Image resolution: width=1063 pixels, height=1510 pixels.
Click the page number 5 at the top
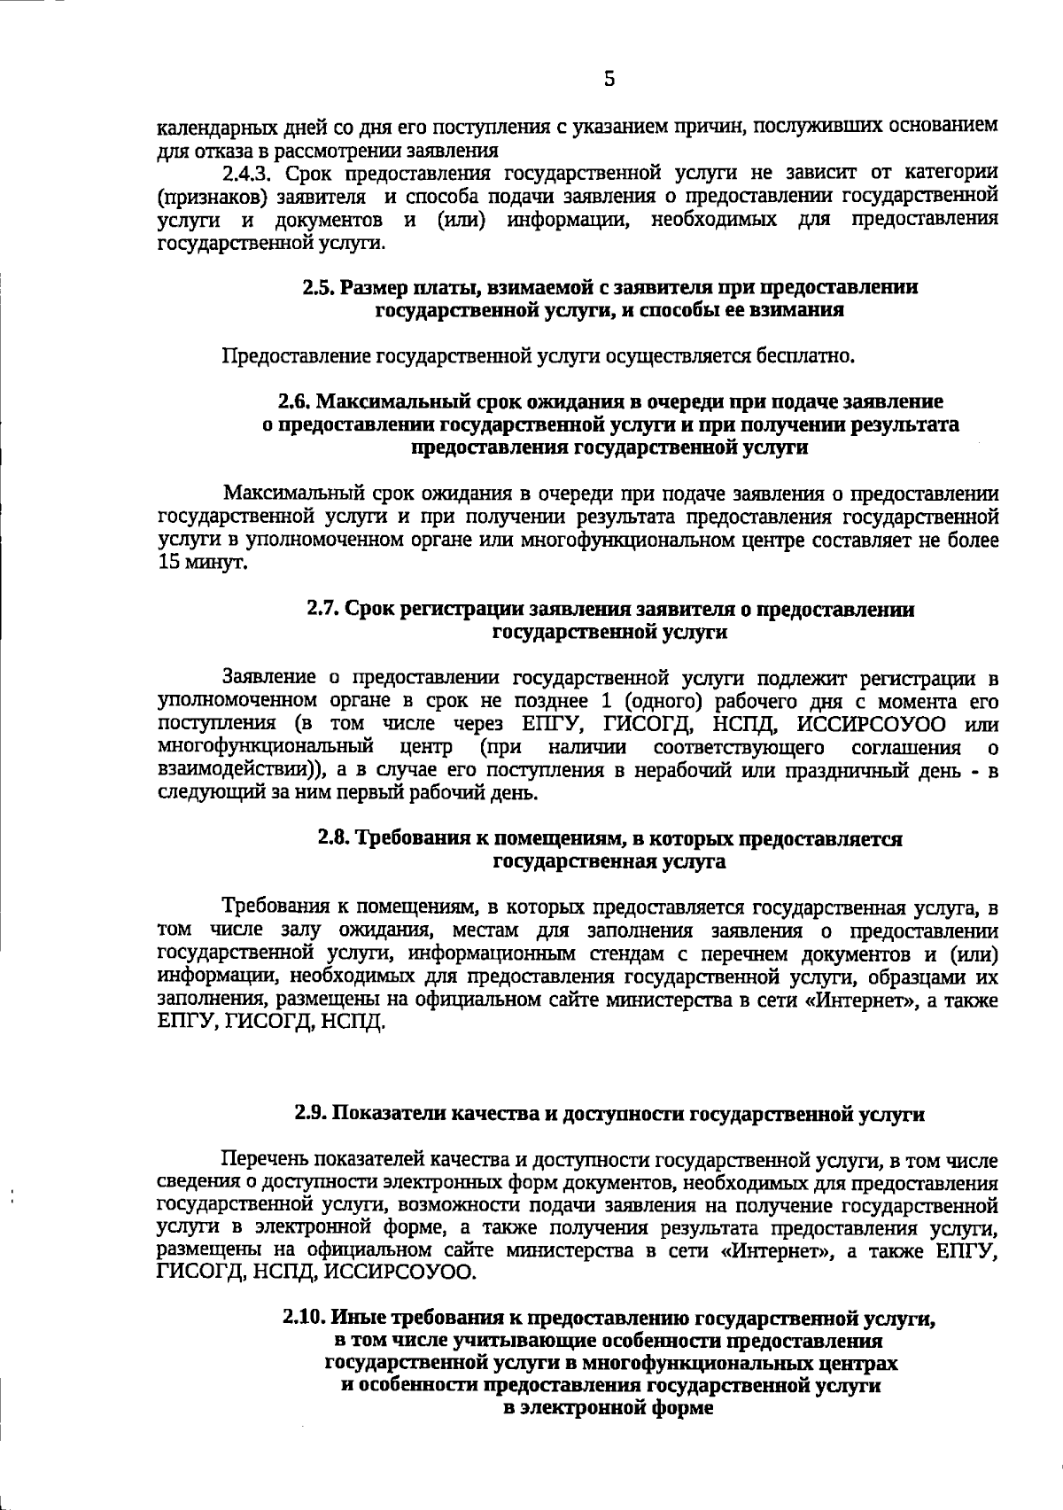click(609, 80)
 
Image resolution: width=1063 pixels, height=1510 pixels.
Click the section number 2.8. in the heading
click(334, 838)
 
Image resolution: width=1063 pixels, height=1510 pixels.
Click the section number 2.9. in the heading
click(311, 1114)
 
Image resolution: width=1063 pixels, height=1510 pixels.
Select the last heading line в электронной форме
click(608, 1408)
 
